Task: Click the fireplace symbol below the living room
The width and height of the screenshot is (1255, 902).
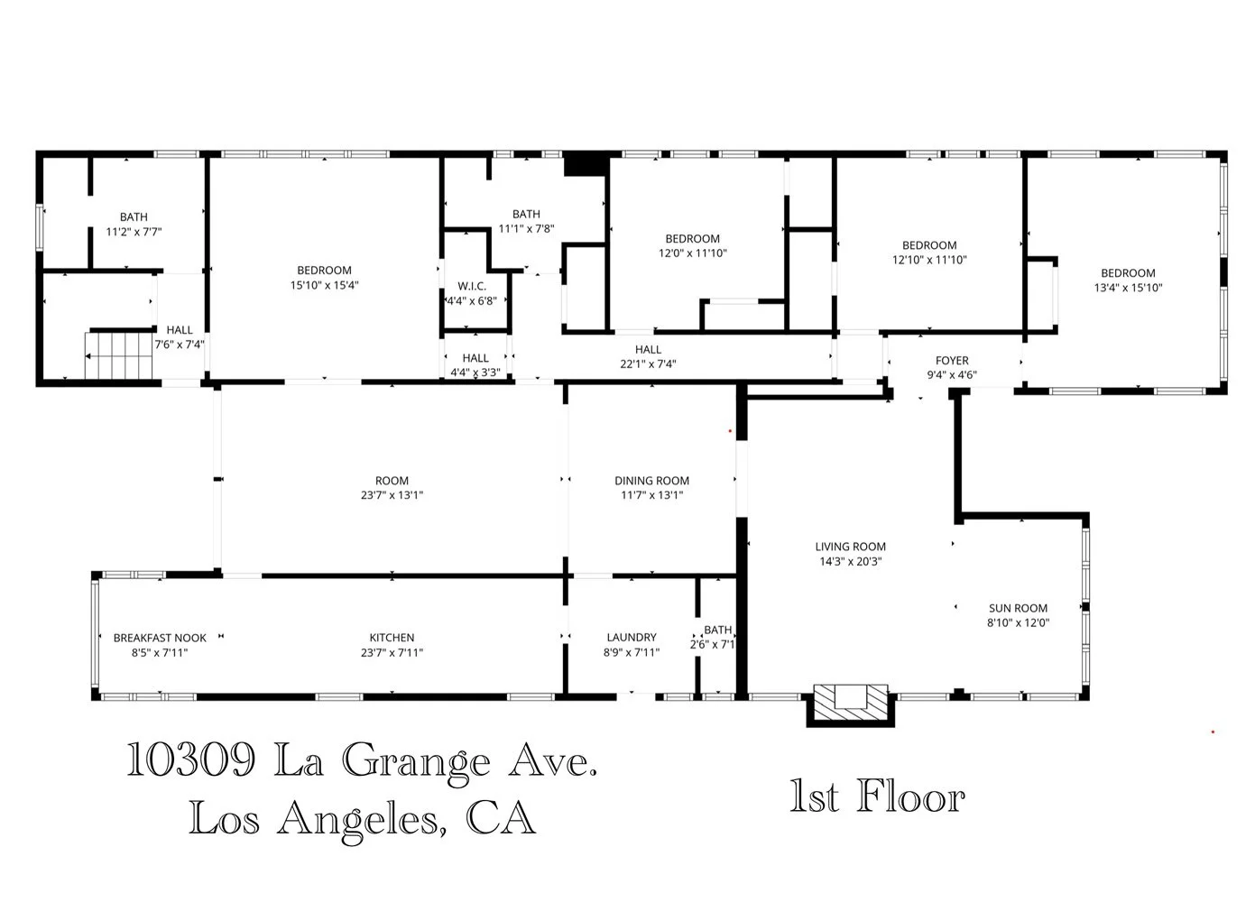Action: pyautogui.click(x=850, y=703)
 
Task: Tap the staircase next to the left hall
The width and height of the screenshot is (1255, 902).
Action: pyautogui.click(x=118, y=355)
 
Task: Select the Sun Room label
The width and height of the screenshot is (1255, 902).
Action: pyautogui.click(x=1017, y=608)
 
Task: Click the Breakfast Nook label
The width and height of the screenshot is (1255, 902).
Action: pyautogui.click(x=160, y=638)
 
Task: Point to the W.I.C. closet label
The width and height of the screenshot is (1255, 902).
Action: pyautogui.click(x=471, y=286)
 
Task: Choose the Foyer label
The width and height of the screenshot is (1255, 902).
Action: pyautogui.click(x=951, y=361)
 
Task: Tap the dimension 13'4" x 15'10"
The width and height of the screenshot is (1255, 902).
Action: pyautogui.click(x=1127, y=288)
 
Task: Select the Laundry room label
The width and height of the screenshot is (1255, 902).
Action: pyautogui.click(x=631, y=638)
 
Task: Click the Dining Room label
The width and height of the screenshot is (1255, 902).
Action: pyautogui.click(x=651, y=481)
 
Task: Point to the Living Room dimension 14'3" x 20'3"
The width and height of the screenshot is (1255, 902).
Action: pyautogui.click(x=850, y=561)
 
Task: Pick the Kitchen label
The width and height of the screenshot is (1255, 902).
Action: pyautogui.click(x=392, y=638)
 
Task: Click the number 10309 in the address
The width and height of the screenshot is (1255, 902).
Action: pyautogui.click(x=190, y=760)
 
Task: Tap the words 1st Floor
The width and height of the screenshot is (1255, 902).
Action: pyautogui.click(x=877, y=797)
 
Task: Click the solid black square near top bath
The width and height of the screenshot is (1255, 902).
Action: pyautogui.click(x=581, y=164)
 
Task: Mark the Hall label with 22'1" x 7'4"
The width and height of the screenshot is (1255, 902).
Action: pyautogui.click(x=648, y=350)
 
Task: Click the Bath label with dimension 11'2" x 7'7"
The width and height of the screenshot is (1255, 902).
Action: pyautogui.click(x=134, y=217)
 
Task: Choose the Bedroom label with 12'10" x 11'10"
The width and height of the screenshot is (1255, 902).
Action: pyautogui.click(x=929, y=245)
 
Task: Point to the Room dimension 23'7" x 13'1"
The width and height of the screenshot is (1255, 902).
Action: pyautogui.click(x=392, y=495)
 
